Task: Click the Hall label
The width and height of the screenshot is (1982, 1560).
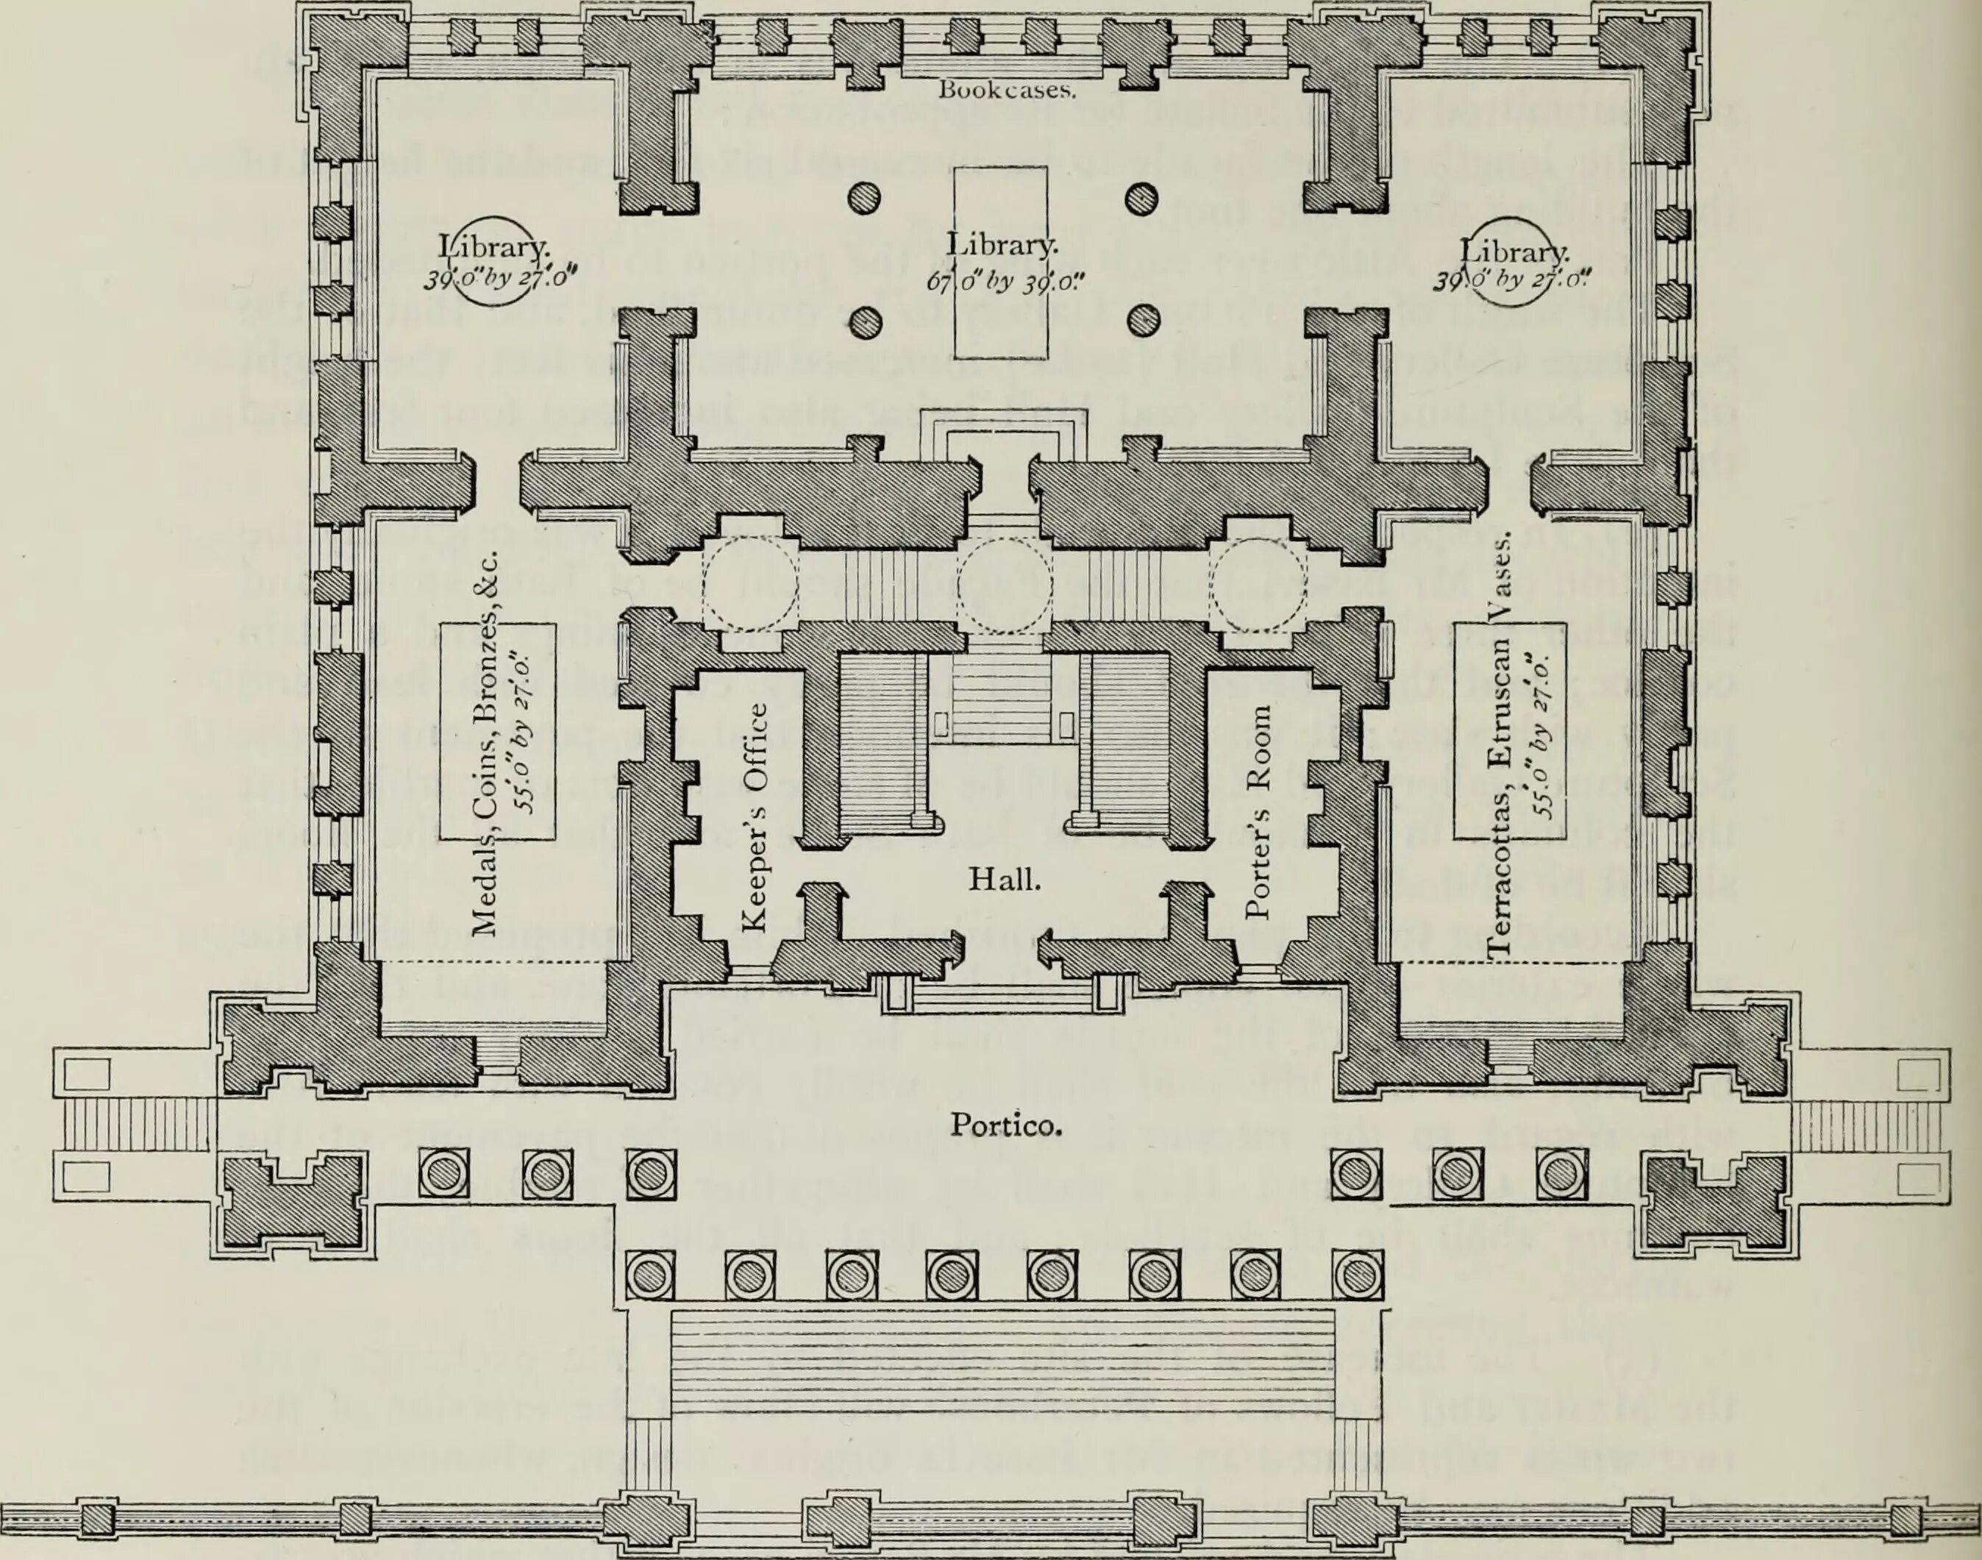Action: pyautogui.click(x=1004, y=880)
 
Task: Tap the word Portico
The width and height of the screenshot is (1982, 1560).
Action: pyautogui.click(x=1005, y=1125)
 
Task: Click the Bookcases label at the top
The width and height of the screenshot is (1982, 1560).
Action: pyautogui.click(x=1008, y=90)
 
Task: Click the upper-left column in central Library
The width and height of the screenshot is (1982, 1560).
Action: pyautogui.click(x=864, y=197)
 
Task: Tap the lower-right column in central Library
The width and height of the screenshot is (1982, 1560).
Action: pyautogui.click(x=1141, y=321)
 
